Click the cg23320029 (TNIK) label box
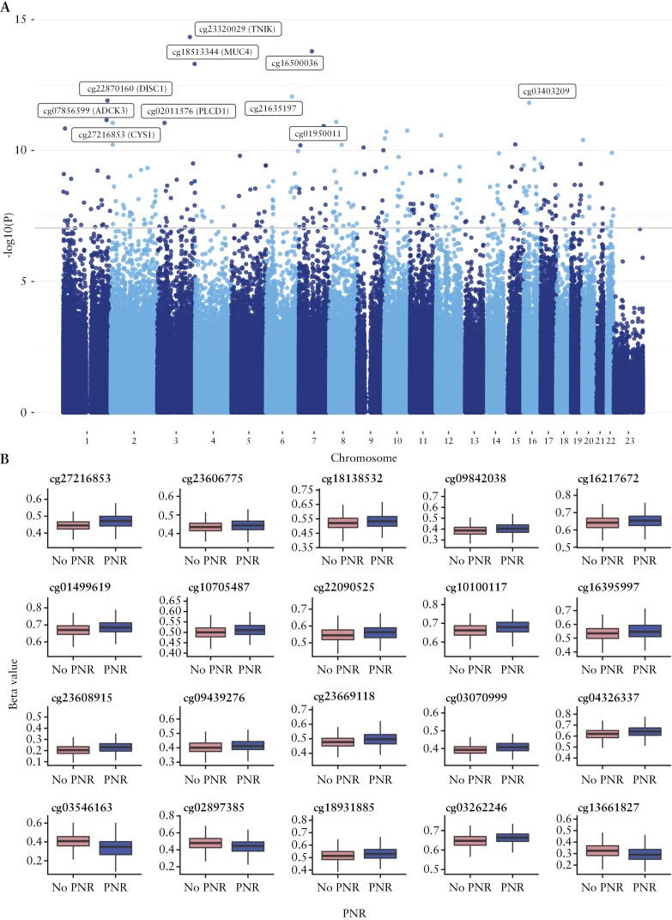239,29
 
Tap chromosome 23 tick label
629,440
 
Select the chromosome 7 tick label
315,440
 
